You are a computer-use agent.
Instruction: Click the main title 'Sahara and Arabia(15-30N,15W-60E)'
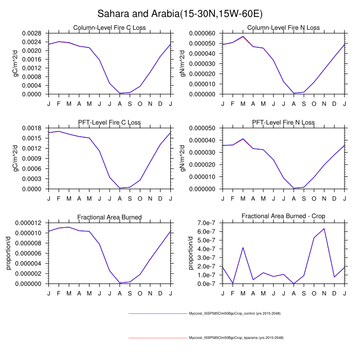[180, 12]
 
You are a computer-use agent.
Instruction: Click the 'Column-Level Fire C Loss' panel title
[110, 27]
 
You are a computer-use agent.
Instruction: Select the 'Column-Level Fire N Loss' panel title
[283, 27]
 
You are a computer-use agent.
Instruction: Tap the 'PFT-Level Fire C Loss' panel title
[110, 122]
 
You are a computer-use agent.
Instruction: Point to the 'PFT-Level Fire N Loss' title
[283, 122]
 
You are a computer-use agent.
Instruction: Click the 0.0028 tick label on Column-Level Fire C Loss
[33, 33]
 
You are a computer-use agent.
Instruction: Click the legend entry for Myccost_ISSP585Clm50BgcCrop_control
[235, 313]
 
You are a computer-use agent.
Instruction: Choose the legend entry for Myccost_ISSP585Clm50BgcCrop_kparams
[236, 338]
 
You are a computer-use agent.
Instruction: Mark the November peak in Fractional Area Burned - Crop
[324, 228]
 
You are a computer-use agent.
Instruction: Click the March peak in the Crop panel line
[243, 247]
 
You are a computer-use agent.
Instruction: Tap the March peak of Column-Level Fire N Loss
[243, 37]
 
